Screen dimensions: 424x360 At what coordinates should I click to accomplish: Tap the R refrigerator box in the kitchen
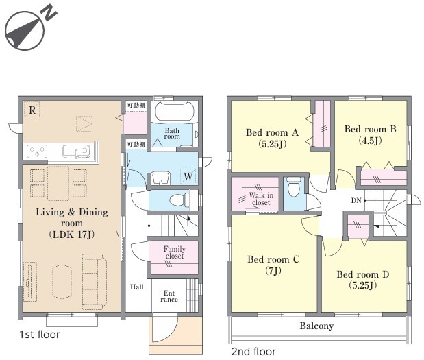point(32,110)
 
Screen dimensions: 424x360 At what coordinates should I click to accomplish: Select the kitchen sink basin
point(76,151)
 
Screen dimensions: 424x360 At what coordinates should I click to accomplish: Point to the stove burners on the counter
point(37,151)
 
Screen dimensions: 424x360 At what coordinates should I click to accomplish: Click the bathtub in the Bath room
point(175,111)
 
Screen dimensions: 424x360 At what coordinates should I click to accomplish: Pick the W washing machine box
point(188,176)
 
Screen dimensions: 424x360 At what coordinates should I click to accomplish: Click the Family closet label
point(175,252)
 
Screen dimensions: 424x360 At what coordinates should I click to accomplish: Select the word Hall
point(137,287)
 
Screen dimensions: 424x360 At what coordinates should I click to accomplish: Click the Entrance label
point(169,296)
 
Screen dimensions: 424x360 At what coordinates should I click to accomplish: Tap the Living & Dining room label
point(72,223)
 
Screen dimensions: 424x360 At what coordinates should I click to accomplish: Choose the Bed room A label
point(273,138)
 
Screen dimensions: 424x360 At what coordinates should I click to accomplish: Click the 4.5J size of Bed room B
point(370,141)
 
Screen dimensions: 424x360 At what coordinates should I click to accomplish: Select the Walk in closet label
point(261,199)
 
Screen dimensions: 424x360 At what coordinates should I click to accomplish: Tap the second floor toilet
point(294,186)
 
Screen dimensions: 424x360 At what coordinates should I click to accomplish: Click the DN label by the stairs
point(356,200)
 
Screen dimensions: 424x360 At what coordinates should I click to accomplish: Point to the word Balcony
point(316,326)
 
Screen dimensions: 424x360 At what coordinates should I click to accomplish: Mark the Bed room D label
point(363,280)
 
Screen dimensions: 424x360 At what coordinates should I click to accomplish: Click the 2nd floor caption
point(253,352)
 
